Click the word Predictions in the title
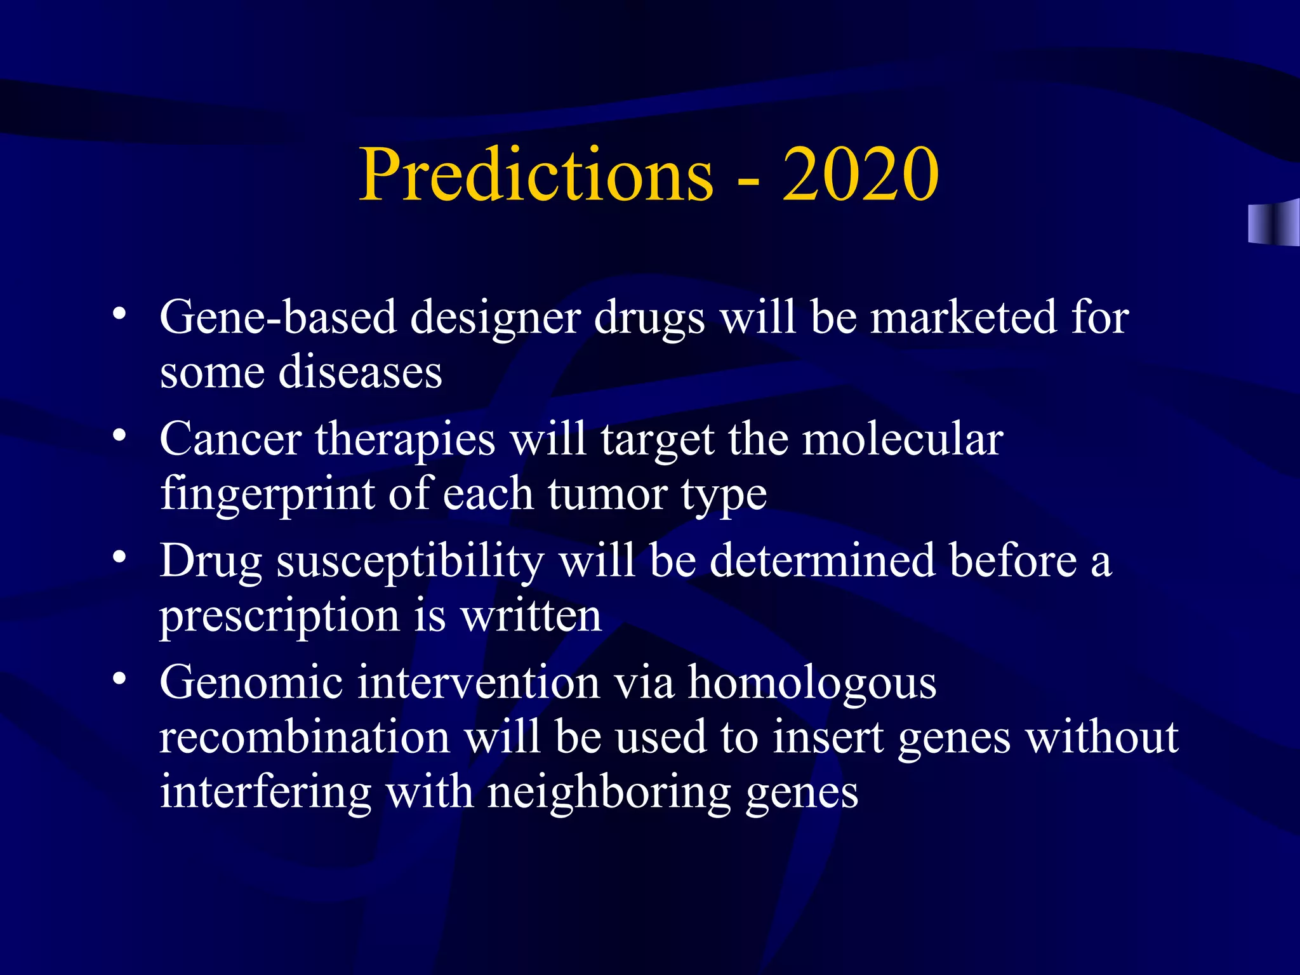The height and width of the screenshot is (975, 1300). point(536,175)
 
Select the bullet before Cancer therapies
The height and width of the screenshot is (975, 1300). point(119,436)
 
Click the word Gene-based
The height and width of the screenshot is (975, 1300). point(278,317)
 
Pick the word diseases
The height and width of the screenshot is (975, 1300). point(360,372)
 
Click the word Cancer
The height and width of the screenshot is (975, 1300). point(230,439)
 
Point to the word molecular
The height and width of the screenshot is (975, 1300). point(902,439)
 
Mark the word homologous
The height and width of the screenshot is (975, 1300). point(812,683)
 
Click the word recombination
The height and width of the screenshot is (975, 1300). point(304,738)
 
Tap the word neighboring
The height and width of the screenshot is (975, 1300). point(609,793)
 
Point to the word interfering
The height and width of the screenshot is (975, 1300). point(265,793)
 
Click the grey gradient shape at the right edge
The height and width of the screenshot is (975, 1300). point(1273,223)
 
